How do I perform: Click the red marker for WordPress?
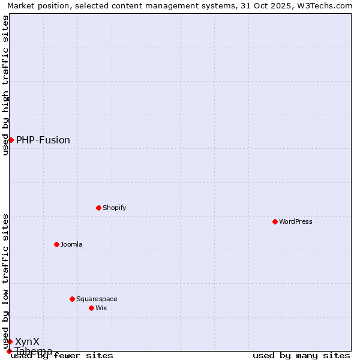[x=275, y=221]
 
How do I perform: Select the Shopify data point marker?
[x=98, y=208]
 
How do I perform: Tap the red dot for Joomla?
[x=56, y=244]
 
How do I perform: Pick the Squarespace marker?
[x=72, y=299]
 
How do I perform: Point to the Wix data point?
[x=91, y=308]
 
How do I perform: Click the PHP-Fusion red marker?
[x=11, y=140]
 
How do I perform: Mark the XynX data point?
[x=10, y=341]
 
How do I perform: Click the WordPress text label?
[x=296, y=221]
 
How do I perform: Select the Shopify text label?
[x=115, y=208]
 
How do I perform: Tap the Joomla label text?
[x=71, y=244]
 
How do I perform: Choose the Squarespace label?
[x=97, y=299]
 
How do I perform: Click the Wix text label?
[x=101, y=308]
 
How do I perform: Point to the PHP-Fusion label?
[x=43, y=140]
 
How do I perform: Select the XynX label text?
[x=27, y=341]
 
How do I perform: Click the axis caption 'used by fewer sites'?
[x=62, y=356]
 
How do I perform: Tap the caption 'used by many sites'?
[x=301, y=356]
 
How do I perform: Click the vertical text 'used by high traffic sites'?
[x=5, y=85]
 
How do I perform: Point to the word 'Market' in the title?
[x=21, y=5]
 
